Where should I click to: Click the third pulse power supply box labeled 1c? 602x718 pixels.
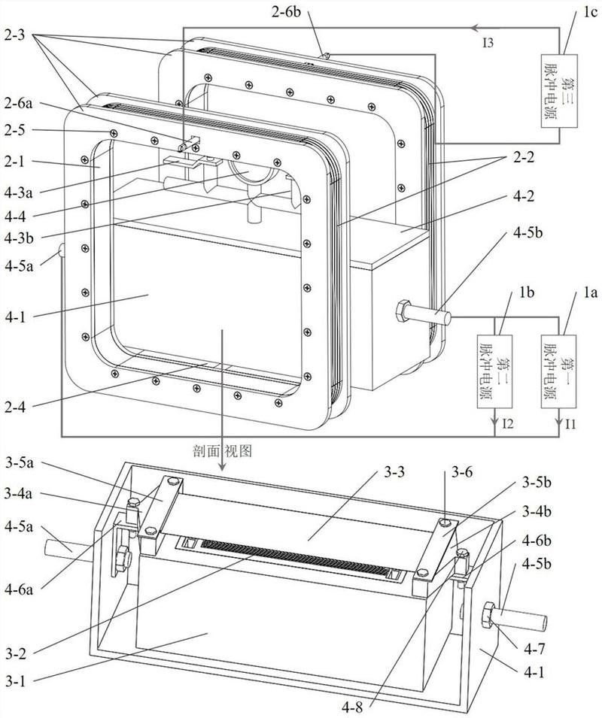coord(558,92)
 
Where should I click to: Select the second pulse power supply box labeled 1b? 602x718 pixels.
coord(494,372)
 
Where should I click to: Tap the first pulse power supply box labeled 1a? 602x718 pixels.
coord(559,372)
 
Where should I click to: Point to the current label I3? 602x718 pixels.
coord(488,43)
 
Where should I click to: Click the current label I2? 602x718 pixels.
coord(508,424)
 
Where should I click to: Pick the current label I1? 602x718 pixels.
coord(570,424)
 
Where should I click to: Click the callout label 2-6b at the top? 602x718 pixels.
coord(287,11)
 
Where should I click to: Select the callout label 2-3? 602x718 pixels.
coord(17,35)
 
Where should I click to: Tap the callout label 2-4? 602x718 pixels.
coord(17,407)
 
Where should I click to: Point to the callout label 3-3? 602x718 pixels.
coord(394,471)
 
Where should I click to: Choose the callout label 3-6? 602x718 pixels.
coord(463,471)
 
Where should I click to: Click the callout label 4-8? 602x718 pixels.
coord(351,707)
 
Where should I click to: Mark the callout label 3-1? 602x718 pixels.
coord(17,681)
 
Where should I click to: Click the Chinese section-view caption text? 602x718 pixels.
coord(223,452)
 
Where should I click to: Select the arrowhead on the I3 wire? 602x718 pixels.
coord(476,28)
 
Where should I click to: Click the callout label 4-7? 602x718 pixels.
coord(535,649)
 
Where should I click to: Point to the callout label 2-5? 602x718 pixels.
coord(17,130)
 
